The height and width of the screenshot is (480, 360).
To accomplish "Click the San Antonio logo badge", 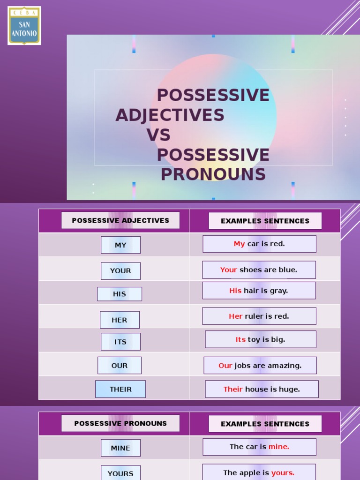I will coord(24,26).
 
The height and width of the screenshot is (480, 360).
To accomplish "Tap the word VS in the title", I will coord(158,135).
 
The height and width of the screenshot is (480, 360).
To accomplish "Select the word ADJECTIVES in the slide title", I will coord(170,115).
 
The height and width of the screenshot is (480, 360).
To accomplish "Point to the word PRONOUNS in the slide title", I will coord(213,174).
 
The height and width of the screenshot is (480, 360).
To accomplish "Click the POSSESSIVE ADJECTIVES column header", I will coord(120,220).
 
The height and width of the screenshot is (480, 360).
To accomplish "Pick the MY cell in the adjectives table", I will coord(120,245).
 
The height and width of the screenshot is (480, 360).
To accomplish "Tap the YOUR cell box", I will coord(120,271).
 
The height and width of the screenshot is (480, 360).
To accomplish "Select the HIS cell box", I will coord(120,294).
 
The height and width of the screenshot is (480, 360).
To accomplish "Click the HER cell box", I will coord(120,320).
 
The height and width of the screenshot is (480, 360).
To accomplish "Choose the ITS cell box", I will coord(120,342).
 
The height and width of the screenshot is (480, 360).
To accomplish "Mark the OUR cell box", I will coord(120,366).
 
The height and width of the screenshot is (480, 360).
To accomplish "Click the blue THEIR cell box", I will coord(120,389).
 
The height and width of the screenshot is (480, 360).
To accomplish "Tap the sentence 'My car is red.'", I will coord(259,244).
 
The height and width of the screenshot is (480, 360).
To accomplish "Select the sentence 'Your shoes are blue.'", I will coord(259,270).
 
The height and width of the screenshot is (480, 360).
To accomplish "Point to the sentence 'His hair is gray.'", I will coord(259,291).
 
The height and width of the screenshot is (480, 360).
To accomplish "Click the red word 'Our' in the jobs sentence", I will coord(225,366).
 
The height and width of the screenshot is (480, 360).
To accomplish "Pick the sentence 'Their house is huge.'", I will coord(262,389).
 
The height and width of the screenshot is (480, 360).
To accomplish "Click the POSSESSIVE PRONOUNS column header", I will coord(120,423).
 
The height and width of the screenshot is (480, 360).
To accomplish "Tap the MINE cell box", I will coord(120,448).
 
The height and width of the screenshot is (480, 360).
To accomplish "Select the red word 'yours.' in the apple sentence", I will coord(283,472).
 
